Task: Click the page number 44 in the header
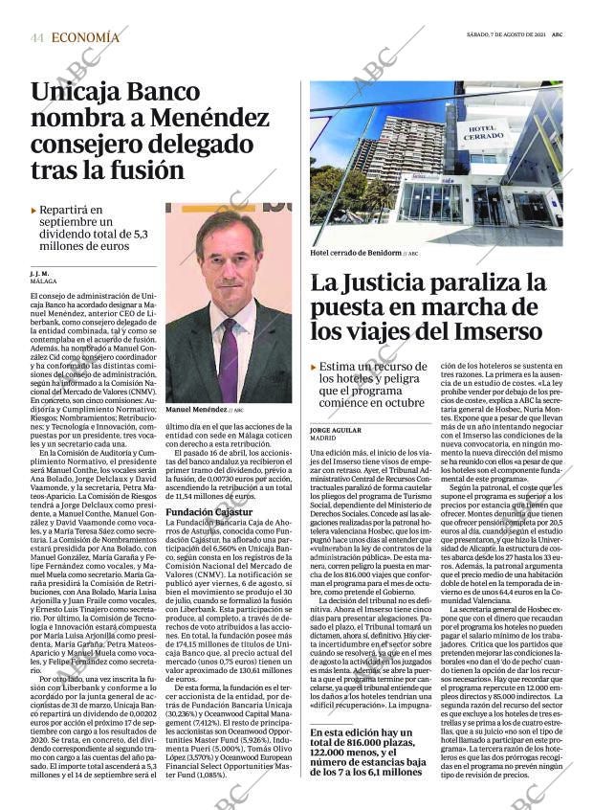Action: coord(37,37)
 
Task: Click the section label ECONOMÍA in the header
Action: coord(86,37)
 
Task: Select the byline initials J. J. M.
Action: coord(41,274)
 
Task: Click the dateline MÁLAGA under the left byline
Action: coord(44,282)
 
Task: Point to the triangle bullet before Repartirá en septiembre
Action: coord(34,210)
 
